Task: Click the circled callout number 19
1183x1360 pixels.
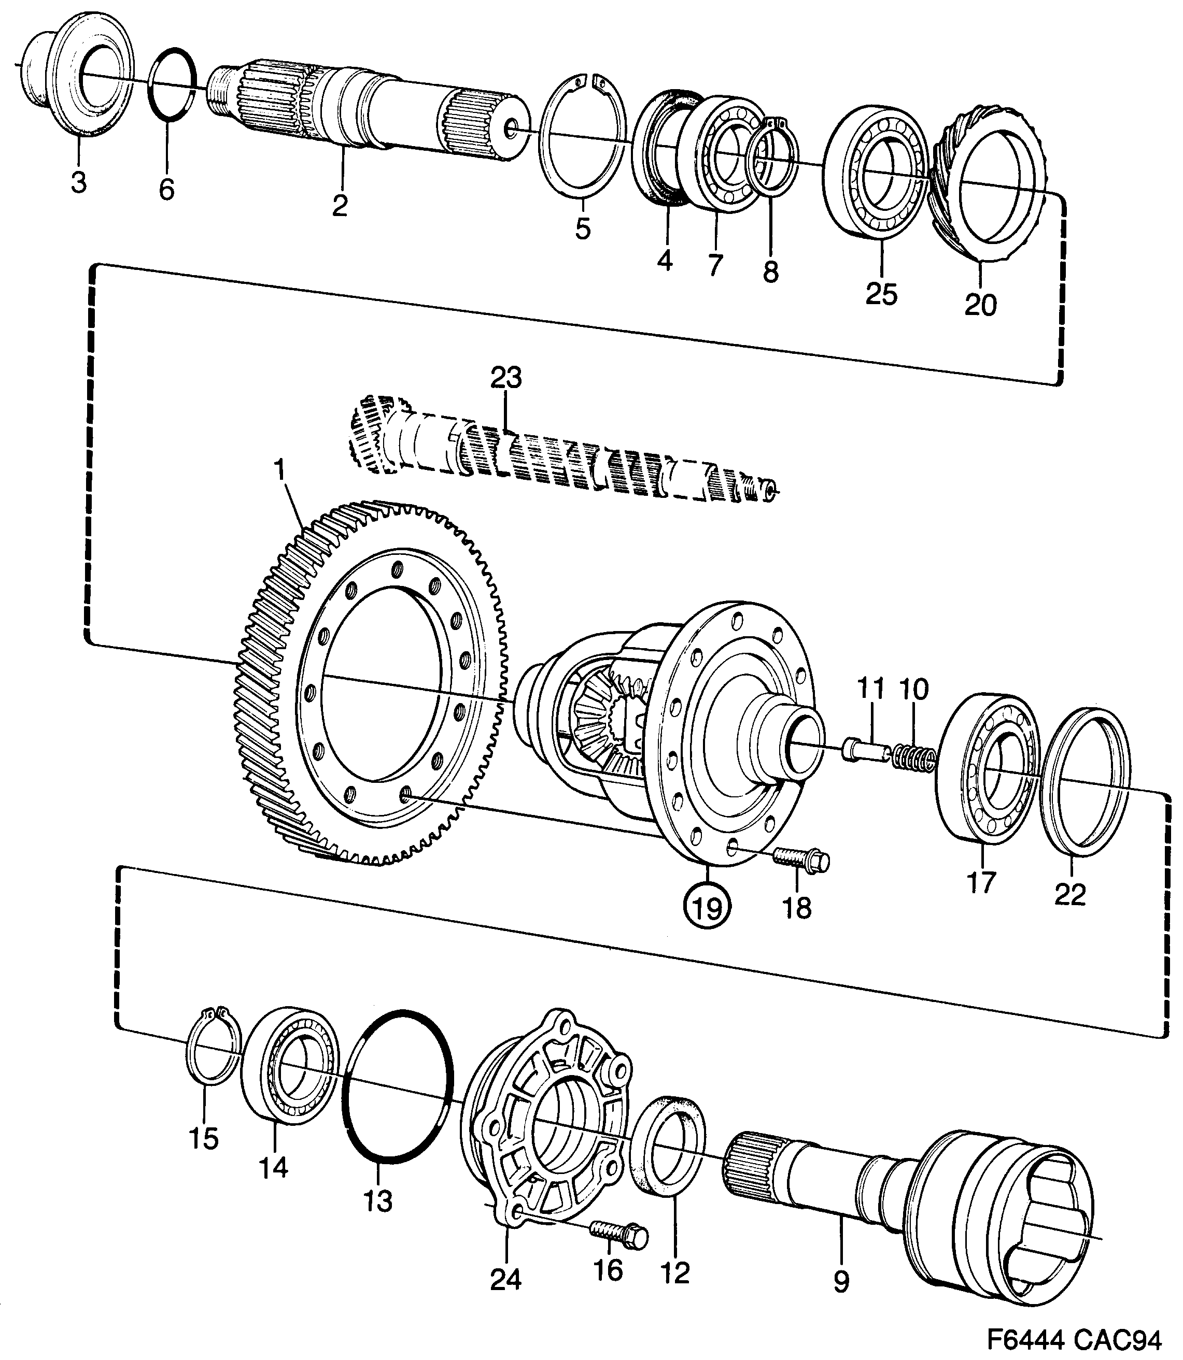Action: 707,909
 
